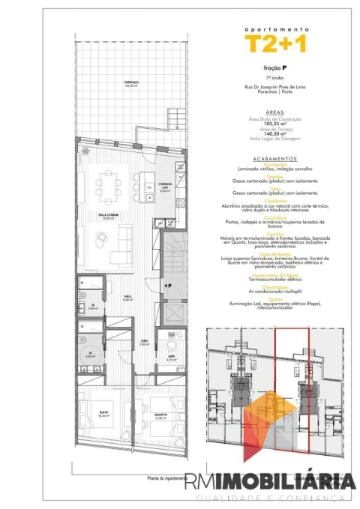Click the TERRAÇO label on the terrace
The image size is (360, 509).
click(131, 84)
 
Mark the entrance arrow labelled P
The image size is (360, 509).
click(168, 286)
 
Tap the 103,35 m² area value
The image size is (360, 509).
click(276, 124)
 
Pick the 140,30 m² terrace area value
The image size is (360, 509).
click(276, 134)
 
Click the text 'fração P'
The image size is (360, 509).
click(276, 68)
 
